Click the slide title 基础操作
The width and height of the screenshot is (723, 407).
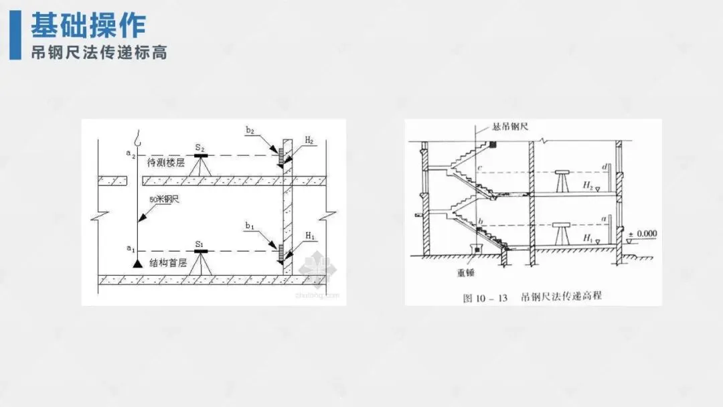point(88,25)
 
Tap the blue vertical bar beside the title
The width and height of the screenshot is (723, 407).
point(15,35)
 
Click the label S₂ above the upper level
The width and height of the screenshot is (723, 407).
point(199,147)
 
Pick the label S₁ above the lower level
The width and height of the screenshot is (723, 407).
point(199,244)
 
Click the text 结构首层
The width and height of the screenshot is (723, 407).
point(167,262)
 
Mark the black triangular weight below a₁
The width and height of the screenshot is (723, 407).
point(137,264)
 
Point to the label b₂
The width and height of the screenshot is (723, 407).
point(250,131)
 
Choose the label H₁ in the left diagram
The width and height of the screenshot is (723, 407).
point(310,236)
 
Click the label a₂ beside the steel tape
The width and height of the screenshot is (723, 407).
point(130,154)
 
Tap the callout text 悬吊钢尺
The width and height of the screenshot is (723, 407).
point(507,127)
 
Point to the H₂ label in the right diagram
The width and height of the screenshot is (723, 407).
point(587,183)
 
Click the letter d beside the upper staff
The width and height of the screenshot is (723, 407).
point(604,165)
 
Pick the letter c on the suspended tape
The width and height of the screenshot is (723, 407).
point(479,167)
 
